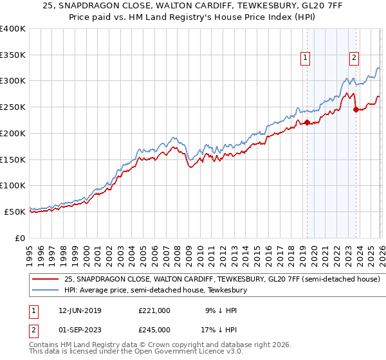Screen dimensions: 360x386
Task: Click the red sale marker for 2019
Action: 307,122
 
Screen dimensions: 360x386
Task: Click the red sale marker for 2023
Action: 355,109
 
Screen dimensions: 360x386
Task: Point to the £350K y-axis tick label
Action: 13,55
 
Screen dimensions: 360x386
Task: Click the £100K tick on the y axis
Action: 13,185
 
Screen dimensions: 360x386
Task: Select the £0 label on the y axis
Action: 19,237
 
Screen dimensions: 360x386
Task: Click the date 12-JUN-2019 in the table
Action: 78,310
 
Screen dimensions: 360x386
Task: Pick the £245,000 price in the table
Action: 154,330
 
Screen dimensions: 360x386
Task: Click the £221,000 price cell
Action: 154,310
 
